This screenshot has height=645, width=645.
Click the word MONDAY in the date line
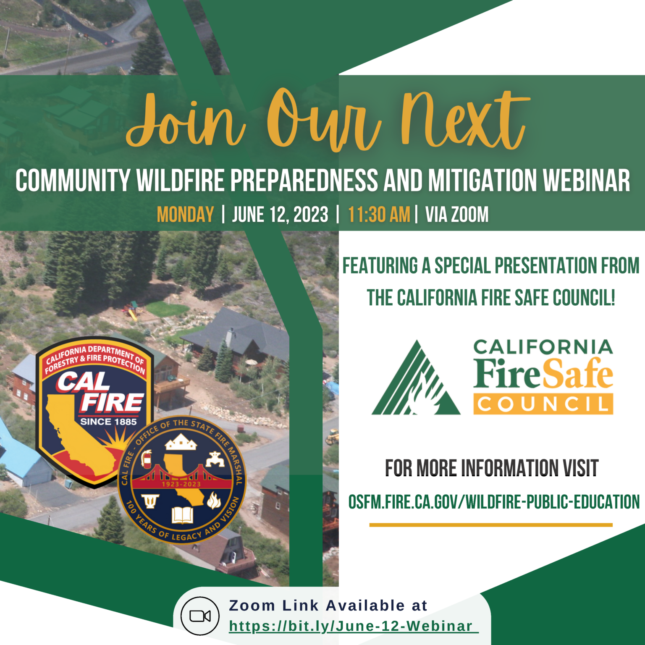[x=185, y=215]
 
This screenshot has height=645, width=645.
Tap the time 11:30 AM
[x=379, y=215]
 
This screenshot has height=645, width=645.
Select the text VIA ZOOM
[x=457, y=215]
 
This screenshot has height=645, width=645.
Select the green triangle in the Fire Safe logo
[x=415, y=380]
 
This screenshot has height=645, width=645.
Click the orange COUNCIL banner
[x=543, y=404]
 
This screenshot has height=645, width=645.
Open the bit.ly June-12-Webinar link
[x=351, y=626]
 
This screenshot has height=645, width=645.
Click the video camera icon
[x=200, y=616]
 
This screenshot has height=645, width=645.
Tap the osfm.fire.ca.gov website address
[x=494, y=502]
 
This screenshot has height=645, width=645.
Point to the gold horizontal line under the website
[x=490, y=525]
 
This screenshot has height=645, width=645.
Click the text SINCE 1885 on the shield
[x=108, y=422]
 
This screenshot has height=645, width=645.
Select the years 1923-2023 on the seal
[x=181, y=484]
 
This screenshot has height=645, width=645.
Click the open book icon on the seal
[x=182, y=515]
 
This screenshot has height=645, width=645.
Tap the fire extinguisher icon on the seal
[x=146, y=459]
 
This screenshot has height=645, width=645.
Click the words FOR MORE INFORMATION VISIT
[x=491, y=468]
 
